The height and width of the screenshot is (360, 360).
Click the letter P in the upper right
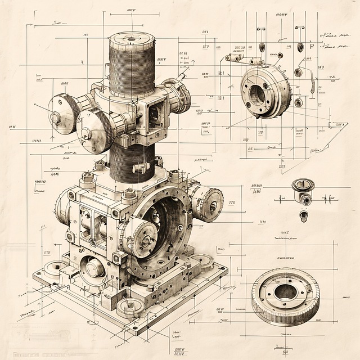312,47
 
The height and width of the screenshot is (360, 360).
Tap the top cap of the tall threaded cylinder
132,38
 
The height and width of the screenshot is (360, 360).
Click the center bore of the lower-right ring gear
286,292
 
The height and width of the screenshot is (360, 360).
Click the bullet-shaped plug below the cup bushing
304,216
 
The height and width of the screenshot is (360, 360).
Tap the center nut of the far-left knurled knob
56,118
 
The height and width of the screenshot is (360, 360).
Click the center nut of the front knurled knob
86,133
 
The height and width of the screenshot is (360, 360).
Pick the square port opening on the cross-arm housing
153,114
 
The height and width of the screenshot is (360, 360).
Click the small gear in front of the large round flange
142,238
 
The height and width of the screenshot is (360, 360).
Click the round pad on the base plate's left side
55,268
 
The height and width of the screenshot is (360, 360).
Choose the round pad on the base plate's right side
202,262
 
